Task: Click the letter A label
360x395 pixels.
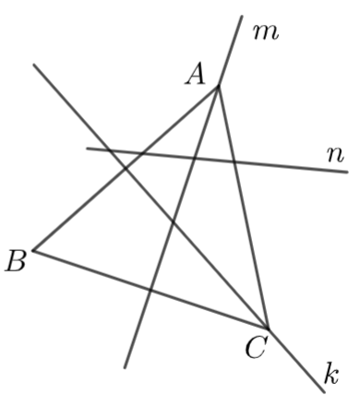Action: [195, 74]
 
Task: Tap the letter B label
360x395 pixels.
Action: [15, 260]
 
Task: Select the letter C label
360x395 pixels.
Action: [255, 347]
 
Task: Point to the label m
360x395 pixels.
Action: [266, 32]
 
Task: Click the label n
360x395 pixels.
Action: [335, 154]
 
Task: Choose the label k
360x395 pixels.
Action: [331, 374]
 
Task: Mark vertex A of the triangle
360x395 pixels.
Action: [218, 87]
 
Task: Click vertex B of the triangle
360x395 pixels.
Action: [34, 251]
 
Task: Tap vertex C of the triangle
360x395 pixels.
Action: [269, 329]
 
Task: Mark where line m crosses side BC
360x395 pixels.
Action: [150, 290]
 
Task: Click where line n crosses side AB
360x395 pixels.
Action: [142, 153]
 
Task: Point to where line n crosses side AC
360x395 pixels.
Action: [234, 162]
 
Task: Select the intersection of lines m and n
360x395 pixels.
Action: [194, 158]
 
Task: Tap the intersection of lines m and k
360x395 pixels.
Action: [173, 222]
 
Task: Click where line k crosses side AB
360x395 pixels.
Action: [126, 168]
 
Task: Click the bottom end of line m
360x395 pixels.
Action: [125, 367]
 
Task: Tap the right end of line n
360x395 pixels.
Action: [347, 172]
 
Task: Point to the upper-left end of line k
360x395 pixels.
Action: [34, 65]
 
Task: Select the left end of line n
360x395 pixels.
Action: [87, 149]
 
